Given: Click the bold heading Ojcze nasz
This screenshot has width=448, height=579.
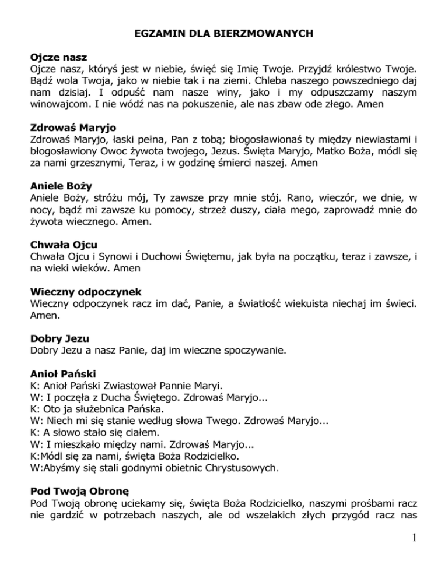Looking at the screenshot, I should click(58, 58).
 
